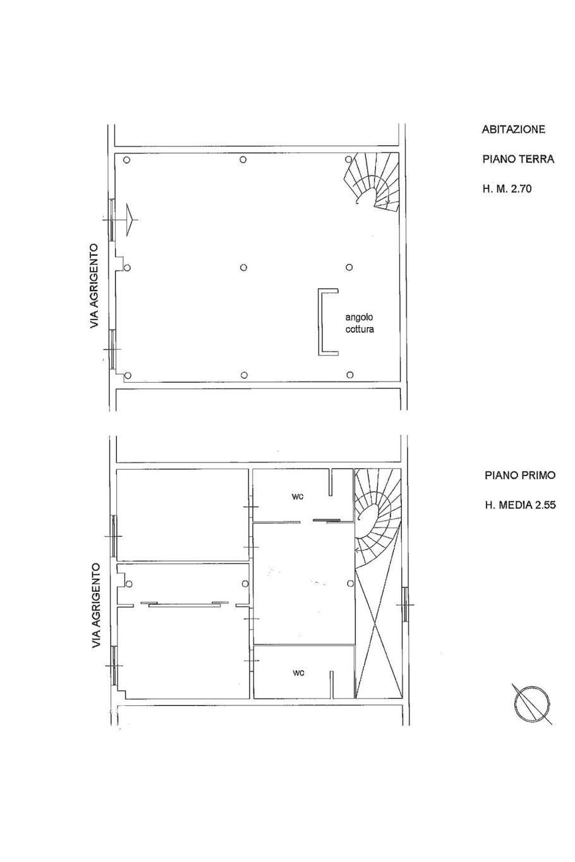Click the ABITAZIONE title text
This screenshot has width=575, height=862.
513,129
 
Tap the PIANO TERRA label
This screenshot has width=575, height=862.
518,159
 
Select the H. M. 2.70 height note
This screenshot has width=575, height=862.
507,189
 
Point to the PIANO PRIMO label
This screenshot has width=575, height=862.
520,476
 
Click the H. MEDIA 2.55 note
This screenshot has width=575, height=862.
520,505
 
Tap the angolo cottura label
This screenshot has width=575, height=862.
360,323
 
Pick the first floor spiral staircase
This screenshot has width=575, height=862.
377,520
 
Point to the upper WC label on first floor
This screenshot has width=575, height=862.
298,497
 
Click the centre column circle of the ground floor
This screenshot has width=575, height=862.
243,268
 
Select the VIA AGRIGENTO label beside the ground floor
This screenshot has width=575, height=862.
94,285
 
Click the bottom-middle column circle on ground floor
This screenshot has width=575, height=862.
243,375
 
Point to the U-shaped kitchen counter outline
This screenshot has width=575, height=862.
320,321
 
